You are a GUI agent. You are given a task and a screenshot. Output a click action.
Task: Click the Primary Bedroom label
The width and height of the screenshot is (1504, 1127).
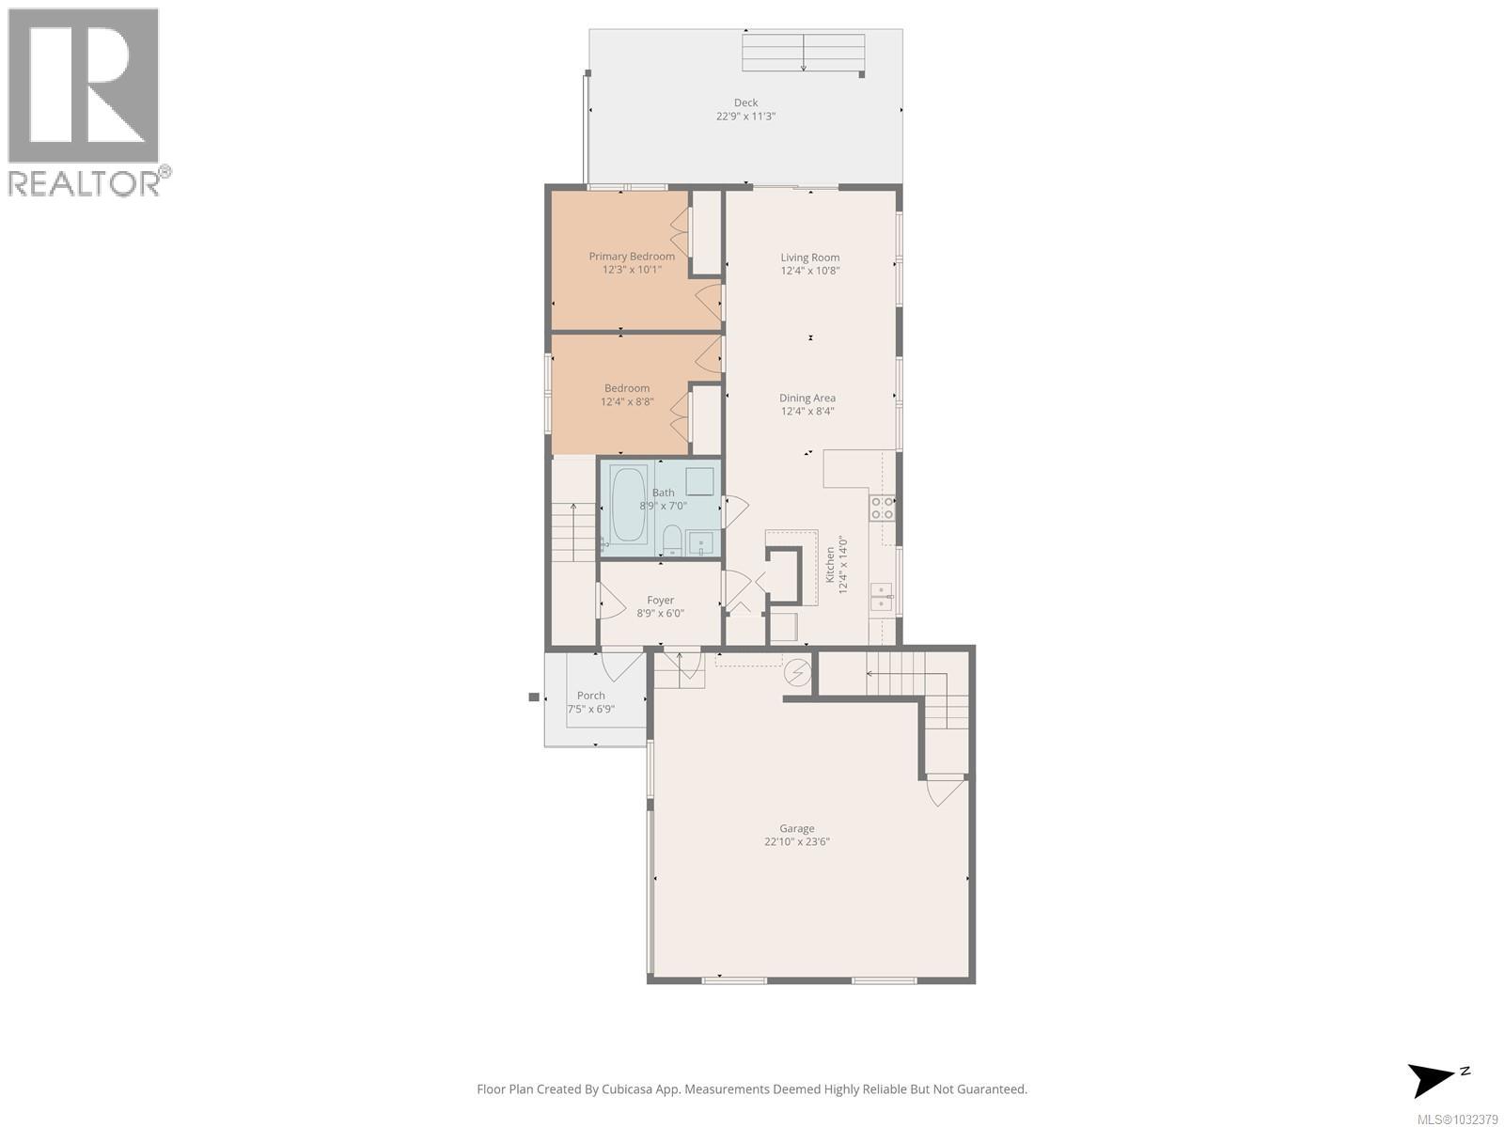point(632,257)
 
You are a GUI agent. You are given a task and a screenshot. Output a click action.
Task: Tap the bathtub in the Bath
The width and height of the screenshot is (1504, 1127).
point(629,505)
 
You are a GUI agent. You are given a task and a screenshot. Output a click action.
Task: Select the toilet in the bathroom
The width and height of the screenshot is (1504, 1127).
point(672,540)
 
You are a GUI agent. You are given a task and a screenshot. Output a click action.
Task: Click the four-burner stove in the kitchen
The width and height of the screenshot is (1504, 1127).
point(882,509)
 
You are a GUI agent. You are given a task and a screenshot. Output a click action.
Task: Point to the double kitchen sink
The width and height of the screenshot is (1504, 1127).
point(881,597)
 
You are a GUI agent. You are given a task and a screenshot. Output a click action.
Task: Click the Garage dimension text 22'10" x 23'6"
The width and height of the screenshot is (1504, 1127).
point(796,842)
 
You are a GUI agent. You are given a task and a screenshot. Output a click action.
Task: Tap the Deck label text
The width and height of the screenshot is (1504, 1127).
point(745,102)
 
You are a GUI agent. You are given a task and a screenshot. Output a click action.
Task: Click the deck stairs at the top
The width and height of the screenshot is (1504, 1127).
point(803,53)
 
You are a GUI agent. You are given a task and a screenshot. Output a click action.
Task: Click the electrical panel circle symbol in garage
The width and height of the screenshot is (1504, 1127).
point(798,673)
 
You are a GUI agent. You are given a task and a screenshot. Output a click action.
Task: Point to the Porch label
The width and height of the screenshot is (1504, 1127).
point(591,696)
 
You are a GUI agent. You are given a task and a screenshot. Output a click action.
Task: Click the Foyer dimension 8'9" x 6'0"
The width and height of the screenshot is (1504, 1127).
point(660,614)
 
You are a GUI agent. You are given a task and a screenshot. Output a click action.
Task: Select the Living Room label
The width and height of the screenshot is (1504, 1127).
point(809,257)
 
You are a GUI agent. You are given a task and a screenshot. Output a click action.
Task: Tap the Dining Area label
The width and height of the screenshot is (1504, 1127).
point(807,398)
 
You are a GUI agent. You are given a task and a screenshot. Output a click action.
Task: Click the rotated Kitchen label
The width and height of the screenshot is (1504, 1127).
point(830,565)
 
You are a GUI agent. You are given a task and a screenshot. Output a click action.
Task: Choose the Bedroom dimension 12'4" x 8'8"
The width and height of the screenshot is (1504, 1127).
point(627,402)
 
